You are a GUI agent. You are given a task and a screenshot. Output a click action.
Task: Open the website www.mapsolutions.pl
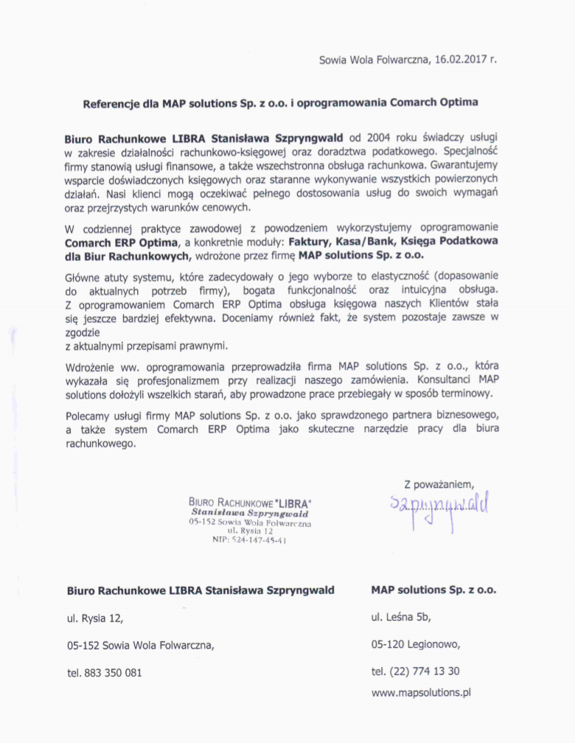click(421, 692)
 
